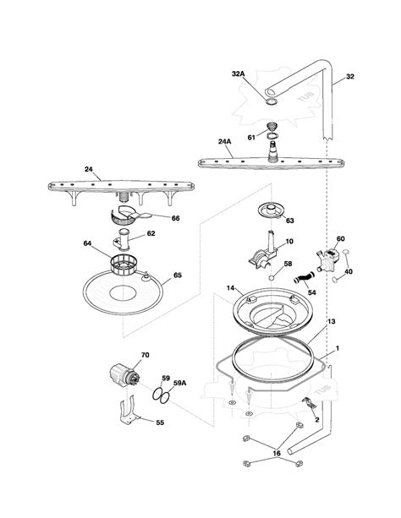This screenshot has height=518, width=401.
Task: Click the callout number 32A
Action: pos(238,74)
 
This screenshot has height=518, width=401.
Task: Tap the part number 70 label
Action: pos(146,355)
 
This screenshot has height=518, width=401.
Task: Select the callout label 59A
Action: pos(179,383)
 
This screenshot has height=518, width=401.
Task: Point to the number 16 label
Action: pos(277,453)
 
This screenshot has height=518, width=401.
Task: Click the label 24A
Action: pos(225,141)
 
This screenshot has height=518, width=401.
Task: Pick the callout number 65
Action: pos(178,275)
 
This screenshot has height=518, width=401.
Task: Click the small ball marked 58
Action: pos(272,278)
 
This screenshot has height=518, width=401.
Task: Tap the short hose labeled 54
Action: pos(304,278)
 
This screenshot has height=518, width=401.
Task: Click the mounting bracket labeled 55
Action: pos(130,411)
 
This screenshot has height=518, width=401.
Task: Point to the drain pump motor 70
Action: pos(124,376)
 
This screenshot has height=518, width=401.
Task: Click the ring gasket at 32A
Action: pos(271,101)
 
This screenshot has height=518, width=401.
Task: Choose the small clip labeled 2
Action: pos(310,403)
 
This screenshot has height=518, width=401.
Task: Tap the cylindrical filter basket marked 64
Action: pos(123,265)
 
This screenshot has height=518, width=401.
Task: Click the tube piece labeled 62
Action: pos(123,239)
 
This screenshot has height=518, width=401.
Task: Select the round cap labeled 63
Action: pos(272,210)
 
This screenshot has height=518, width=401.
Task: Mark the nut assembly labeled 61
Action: pos(272,130)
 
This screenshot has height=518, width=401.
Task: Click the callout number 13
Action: pos(331,321)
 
